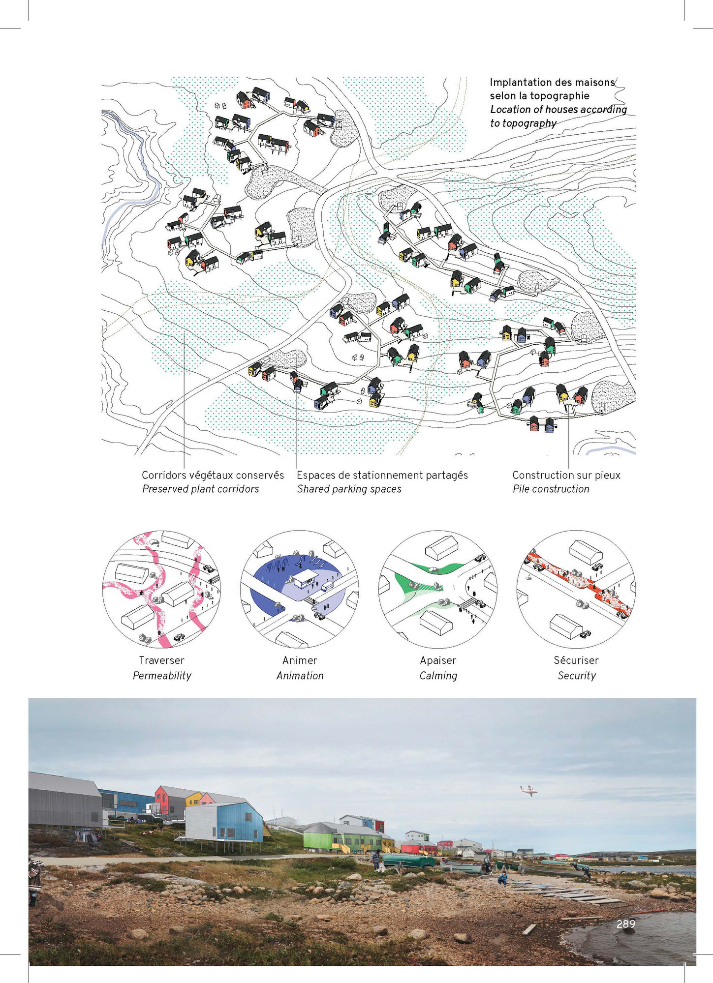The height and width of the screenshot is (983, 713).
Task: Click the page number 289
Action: pos(625,924)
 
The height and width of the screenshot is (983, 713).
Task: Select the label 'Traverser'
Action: pos(161,660)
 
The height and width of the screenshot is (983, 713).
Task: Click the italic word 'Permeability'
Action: pos(162,676)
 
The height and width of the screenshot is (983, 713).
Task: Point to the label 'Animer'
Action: pos(300,660)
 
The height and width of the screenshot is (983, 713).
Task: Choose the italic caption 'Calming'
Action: pos(438,676)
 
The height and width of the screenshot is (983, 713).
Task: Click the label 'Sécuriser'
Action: pos(576,660)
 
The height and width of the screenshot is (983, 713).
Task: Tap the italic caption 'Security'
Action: pos(576,676)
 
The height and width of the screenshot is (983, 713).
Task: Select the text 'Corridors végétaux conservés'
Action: pos(213,475)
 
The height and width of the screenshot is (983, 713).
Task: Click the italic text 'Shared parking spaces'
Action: pos(349,489)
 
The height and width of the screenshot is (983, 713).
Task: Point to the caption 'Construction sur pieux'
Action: pos(566,475)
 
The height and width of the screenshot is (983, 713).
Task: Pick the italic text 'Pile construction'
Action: pos(551,489)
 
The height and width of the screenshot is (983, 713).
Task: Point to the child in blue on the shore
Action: pos(502,877)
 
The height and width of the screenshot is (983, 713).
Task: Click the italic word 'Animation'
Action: pos(300,676)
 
